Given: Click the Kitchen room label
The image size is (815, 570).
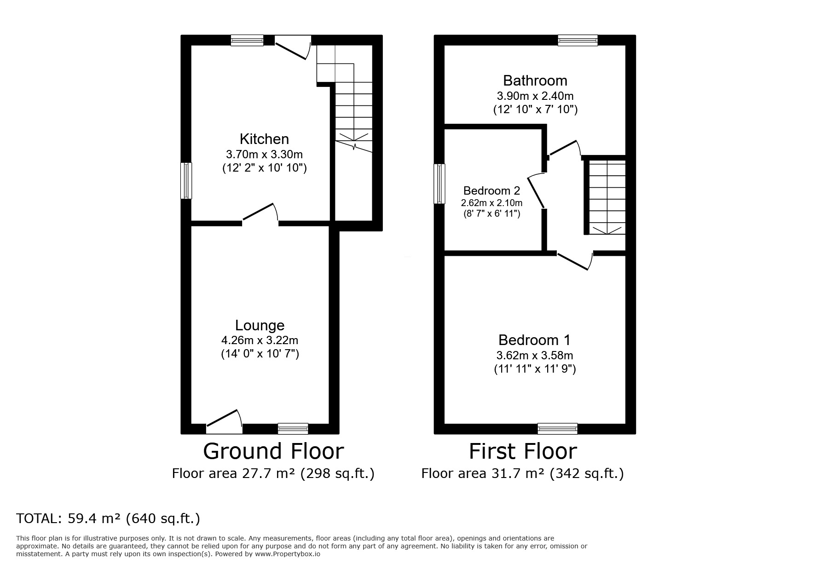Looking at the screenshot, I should click(x=264, y=139).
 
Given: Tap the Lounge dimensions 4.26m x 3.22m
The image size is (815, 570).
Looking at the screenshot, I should click(x=260, y=340).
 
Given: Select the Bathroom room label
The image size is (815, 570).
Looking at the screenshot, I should click(x=535, y=81).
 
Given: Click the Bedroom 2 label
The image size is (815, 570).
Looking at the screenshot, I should click(x=491, y=190).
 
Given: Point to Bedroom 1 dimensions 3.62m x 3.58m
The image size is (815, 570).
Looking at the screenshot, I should click(x=535, y=356).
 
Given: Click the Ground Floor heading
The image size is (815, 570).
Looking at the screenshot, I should click(x=273, y=451).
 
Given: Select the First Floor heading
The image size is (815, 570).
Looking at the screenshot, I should click(x=522, y=451).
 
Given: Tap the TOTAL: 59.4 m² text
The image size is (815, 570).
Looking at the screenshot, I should click(x=108, y=518).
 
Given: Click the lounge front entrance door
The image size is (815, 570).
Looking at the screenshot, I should click(x=224, y=421).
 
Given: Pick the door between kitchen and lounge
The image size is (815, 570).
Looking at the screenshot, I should click(x=260, y=214).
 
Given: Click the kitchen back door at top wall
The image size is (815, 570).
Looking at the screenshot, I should click(x=292, y=49).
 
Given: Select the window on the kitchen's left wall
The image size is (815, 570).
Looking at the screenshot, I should click(x=186, y=180).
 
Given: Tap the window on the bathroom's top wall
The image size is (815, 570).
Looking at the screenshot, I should click(x=578, y=40).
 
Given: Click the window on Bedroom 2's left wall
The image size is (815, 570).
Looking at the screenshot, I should click(x=440, y=184).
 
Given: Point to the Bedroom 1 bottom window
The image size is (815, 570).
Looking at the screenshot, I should click(x=557, y=428).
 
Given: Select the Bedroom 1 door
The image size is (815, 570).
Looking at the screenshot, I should click(x=573, y=260).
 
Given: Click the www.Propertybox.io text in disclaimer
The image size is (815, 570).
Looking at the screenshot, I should click(x=288, y=554).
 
